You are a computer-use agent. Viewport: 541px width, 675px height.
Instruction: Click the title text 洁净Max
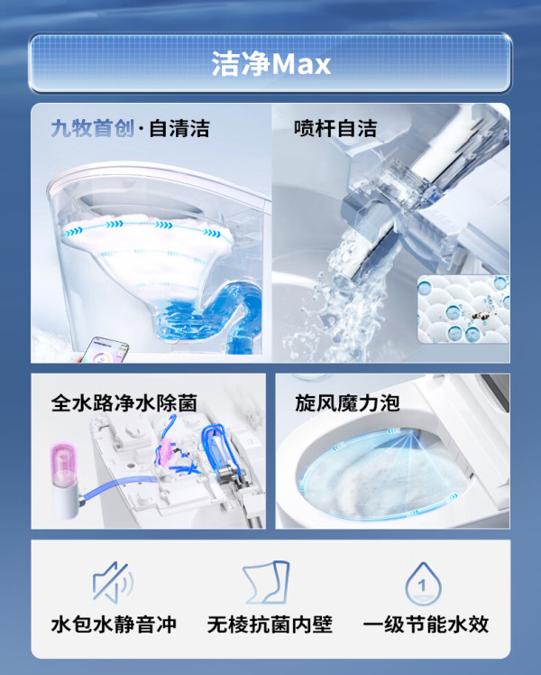click(270, 64)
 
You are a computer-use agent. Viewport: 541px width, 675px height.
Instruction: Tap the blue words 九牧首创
click(93, 128)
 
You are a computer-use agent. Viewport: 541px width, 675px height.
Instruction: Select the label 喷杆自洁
click(335, 128)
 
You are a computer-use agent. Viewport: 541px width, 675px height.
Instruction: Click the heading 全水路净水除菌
click(124, 403)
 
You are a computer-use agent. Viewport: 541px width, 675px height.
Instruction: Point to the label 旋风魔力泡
click(347, 403)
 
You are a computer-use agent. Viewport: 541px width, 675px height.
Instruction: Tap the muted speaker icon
click(113, 581)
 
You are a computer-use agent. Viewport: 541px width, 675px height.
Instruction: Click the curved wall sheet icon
click(266, 581)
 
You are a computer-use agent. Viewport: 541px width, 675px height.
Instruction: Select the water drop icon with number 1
click(423, 583)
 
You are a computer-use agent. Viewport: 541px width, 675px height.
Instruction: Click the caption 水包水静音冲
click(114, 624)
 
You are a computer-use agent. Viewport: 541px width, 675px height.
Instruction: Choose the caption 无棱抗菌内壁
click(270, 624)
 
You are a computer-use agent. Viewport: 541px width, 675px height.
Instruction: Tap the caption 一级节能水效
click(426, 624)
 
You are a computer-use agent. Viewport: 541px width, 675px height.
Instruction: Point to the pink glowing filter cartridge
click(64, 467)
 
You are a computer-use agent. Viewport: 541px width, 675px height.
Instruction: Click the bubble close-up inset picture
click(463, 310)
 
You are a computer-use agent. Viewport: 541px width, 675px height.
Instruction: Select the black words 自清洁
click(179, 128)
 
